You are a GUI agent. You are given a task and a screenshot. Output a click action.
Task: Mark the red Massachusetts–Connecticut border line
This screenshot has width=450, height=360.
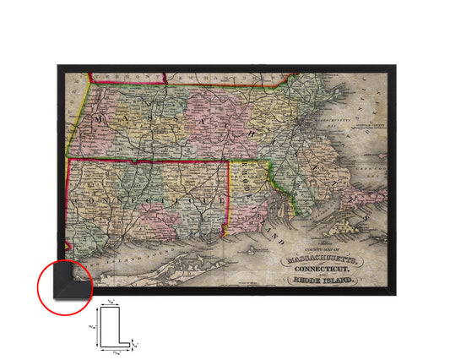pos(152,160)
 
